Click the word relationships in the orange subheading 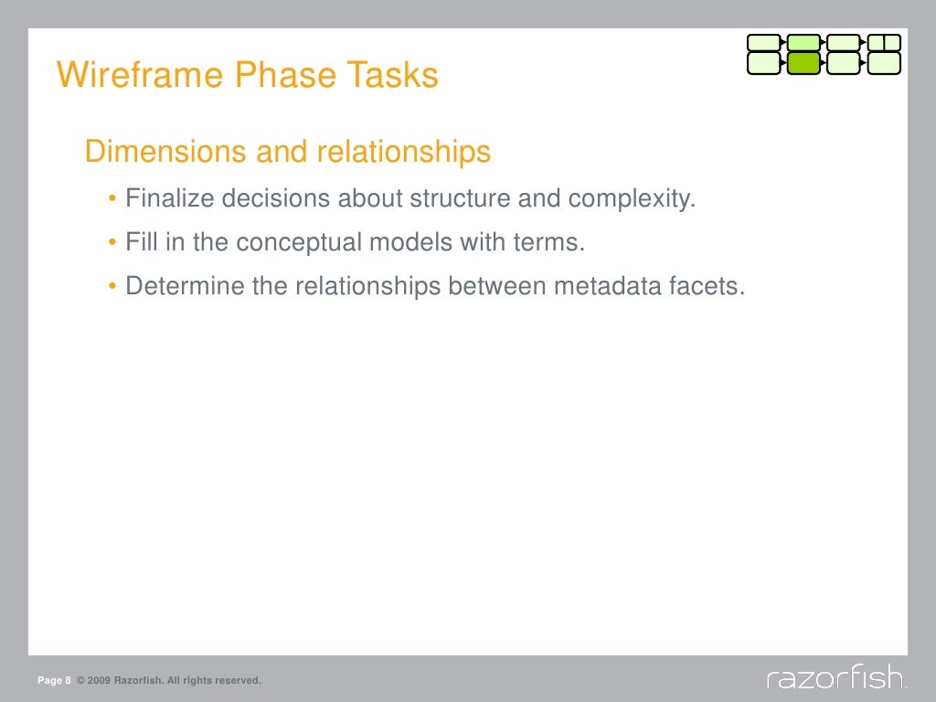[x=404, y=152]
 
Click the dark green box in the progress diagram [x=803, y=63]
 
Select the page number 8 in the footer [x=68, y=681]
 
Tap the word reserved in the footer [x=239, y=681]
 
